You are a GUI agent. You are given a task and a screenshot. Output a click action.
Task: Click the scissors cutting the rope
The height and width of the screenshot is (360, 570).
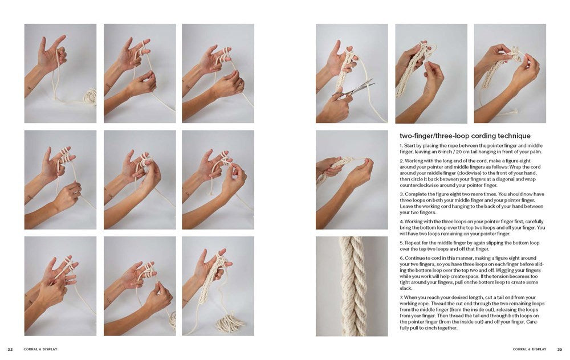[356, 88]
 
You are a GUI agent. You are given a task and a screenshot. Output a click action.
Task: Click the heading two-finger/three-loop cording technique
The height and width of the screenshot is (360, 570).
[465, 136]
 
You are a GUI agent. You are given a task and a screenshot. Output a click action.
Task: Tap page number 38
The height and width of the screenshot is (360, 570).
[10, 349]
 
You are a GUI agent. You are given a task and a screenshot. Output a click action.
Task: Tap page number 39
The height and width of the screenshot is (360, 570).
[559, 349]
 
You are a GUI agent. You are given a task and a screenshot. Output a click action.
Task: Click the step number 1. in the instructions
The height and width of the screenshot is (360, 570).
[401, 146]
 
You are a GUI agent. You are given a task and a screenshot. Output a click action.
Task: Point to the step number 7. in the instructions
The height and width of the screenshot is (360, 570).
[401, 298]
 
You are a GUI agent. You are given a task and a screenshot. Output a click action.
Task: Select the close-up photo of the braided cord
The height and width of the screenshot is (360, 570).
[352, 286]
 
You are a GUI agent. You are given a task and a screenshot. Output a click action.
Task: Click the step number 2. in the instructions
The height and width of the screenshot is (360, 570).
[401, 161]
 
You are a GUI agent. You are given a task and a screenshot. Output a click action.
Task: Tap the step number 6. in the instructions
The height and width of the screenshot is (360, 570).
[401, 257]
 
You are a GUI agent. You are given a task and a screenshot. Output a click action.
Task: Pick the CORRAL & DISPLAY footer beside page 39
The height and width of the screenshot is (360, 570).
[529, 349]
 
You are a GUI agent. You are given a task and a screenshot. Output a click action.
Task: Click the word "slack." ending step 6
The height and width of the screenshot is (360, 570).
[406, 288]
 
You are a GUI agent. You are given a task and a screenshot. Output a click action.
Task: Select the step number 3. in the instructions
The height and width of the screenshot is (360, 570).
[401, 194]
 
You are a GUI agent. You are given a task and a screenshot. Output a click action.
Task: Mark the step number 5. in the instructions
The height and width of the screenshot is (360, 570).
[401, 242]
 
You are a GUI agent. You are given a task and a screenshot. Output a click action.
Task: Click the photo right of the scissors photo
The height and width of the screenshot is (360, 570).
[431, 73]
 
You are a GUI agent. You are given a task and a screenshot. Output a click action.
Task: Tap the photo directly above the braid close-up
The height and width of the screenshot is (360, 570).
[352, 179]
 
